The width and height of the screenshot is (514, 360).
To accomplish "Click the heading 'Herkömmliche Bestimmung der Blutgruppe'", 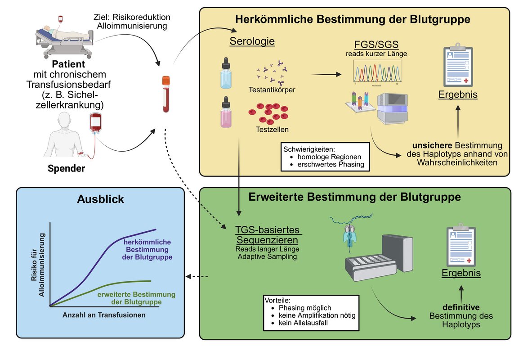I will click(x=353, y=20).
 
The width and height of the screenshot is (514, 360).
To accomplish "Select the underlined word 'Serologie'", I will click(x=252, y=42).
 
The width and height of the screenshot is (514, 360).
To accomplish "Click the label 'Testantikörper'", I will click(x=272, y=90).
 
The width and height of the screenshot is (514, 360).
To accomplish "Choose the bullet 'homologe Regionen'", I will click(x=329, y=157).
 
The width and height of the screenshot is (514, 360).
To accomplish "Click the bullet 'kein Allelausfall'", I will click(x=305, y=323).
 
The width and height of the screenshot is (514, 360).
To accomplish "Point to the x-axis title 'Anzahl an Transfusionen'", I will click(x=104, y=315).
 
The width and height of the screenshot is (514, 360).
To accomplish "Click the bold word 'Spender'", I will click(x=66, y=169).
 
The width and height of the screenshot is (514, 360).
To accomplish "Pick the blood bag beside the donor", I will click(x=95, y=124).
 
